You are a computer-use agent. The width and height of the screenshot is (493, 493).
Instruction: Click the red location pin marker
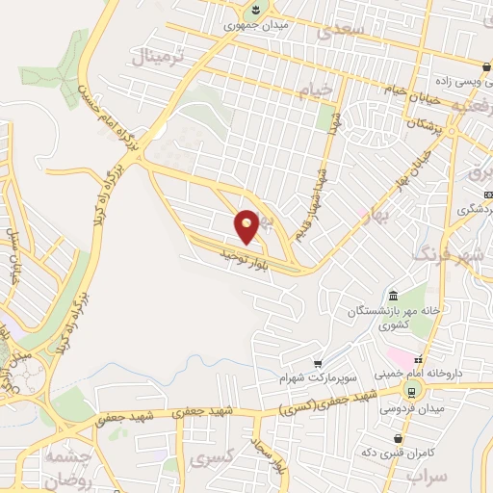pyautogui.click(x=247, y=225)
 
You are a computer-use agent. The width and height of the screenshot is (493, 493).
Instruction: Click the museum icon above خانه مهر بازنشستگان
pyautogui.click(x=393, y=295)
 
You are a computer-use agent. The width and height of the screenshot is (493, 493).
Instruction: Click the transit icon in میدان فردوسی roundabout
pyautogui.click(x=413, y=390)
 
